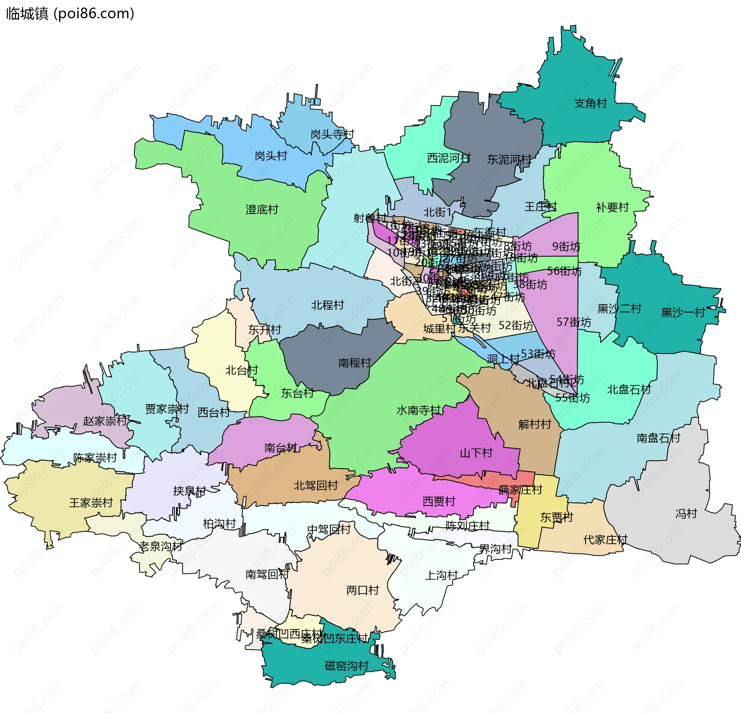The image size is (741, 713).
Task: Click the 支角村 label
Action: (x=590, y=103)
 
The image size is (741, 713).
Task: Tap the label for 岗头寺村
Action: (x=332, y=134)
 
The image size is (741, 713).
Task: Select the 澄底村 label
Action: (x=262, y=210)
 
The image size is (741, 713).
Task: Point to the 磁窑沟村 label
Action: (x=347, y=666)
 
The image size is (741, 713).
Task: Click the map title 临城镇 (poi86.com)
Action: (x=70, y=13)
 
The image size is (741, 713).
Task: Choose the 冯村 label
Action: (x=686, y=514)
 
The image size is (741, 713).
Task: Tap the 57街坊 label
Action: (x=574, y=322)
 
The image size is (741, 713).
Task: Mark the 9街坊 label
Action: (x=566, y=246)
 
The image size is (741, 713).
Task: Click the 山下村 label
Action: (x=476, y=453)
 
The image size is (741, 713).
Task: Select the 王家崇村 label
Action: (x=91, y=503)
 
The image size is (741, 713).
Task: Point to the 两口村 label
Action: (x=362, y=590)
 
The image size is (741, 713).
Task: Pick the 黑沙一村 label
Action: (x=683, y=312)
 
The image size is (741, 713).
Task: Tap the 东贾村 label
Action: (x=557, y=517)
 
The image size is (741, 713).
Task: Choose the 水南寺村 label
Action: (x=418, y=410)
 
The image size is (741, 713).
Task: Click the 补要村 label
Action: (x=612, y=207)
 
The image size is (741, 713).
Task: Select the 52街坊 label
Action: (x=516, y=325)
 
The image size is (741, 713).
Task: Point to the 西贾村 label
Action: (x=439, y=501)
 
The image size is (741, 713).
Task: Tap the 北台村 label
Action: (x=241, y=370)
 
